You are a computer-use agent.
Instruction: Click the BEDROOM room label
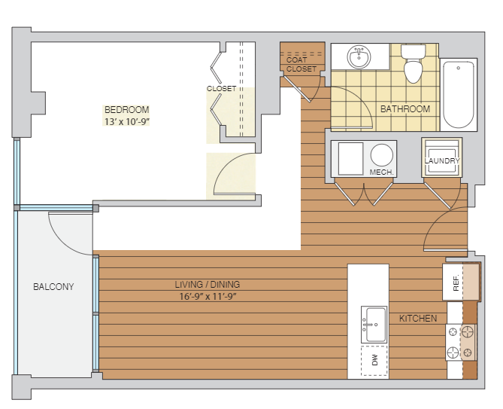(127, 110)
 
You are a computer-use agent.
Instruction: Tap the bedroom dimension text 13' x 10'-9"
(127, 122)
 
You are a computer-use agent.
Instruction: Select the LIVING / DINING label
(208, 284)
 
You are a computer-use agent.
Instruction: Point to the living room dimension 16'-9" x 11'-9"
(208, 296)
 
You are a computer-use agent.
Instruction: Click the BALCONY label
(53, 286)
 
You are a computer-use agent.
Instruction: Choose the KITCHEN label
(418, 319)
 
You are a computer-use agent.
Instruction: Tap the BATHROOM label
(405, 109)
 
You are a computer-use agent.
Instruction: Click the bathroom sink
(359, 57)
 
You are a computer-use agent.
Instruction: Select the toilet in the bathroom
(414, 63)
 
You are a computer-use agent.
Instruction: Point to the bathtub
(459, 95)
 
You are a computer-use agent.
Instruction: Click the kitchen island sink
(374, 325)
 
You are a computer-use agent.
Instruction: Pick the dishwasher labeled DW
(374, 361)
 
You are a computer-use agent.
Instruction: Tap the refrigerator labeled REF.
(456, 282)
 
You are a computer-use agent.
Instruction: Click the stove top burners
(461, 342)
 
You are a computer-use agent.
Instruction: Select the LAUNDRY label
(442, 160)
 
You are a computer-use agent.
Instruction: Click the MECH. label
(381, 172)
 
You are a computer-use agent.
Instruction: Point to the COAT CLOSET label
(301, 64)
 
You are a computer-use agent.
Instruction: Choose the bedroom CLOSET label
(221, 88)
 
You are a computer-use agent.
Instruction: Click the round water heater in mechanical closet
(382, 155)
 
